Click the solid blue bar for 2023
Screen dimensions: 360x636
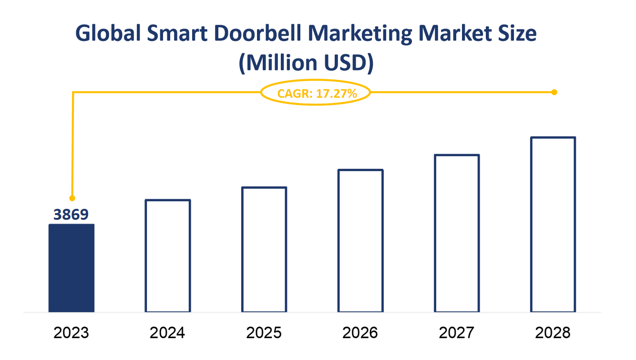pyautogui.click(x=72, y=268)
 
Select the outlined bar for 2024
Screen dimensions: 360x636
pyautogui.click(x=168, y=256)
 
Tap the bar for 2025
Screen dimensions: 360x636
pyautogui.click(x=264, y=249)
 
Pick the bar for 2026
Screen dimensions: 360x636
pyautogui.click(x=360, y=241)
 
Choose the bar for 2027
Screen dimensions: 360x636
pyautogui.click(x=457, y=233)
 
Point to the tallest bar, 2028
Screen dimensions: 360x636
pyautogui.click(x=553, y=225)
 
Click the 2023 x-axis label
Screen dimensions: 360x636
pyautogui.click(x=72, y=332)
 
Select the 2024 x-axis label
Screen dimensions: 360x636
pyautogui.click(x=168, y=332)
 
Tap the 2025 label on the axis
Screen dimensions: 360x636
pyautogui.click(x=264, y=332)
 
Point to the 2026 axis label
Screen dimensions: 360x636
pyautogui.click(x=360, y=332)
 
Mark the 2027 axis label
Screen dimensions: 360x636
pyautogui.click(x=457, y=332)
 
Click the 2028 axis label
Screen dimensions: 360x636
pyautogui.click(x=553, y=332)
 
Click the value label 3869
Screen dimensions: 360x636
pyautogui.click(x=71, y=215)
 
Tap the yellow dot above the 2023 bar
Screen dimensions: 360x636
pyautogui.click(x=72, y=197)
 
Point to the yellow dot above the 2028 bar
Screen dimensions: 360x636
pyautogui.click(x=554, y=92)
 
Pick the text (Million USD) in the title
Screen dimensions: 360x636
pyautogui.click(x=306, y=63)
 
